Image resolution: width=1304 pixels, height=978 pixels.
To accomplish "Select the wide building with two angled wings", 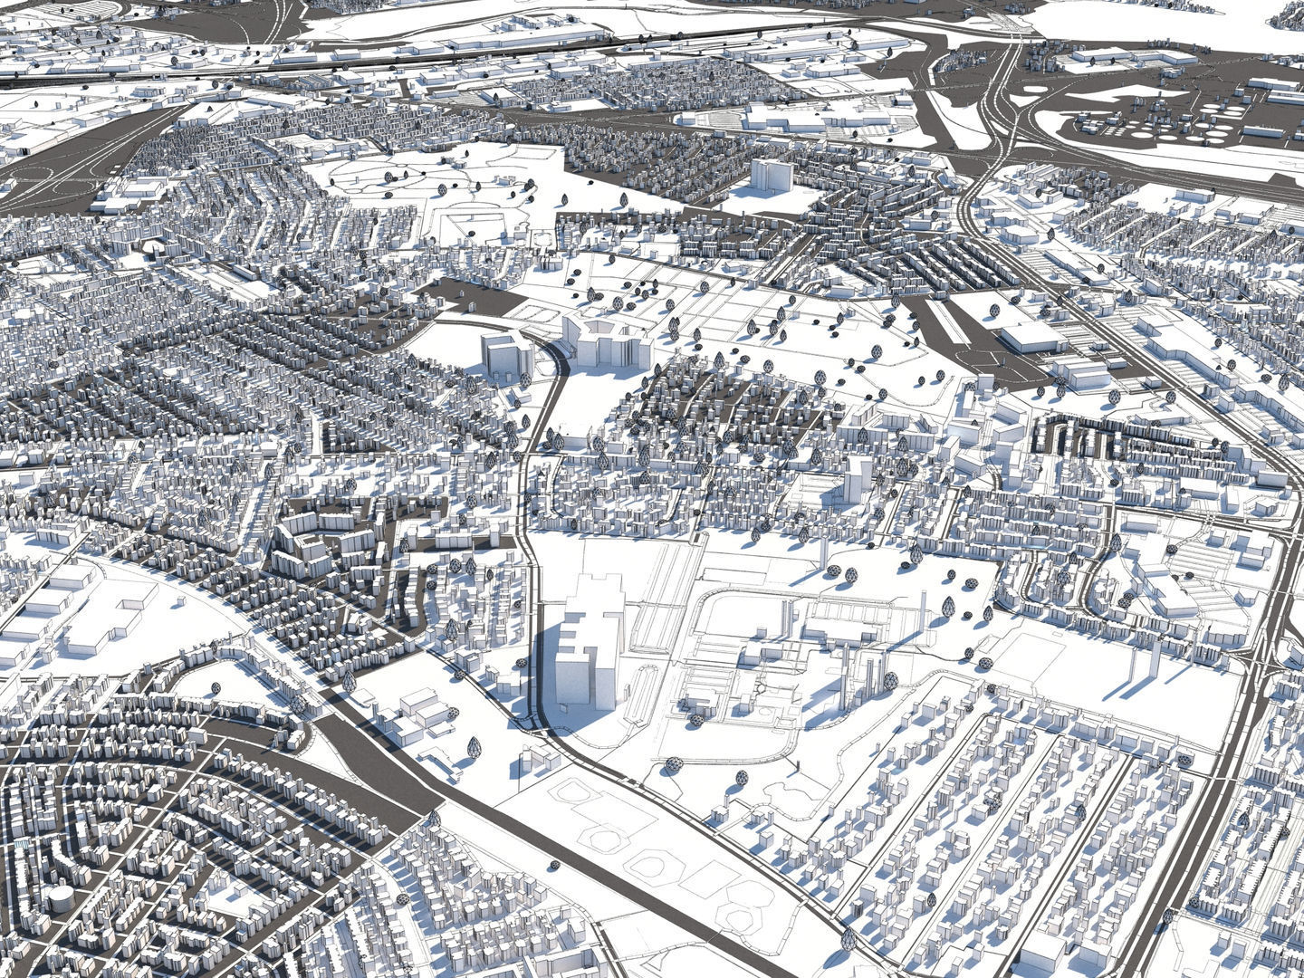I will pyautogui.click(x=605, y=341).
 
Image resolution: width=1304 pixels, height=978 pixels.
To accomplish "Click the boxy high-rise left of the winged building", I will pyautogui.click(x=503, y=356).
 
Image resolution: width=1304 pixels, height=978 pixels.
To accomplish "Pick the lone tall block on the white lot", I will pyautogui.click(x=770, y=176).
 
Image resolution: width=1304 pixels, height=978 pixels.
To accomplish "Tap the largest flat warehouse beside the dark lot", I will pyautogui.click(x=1033, y=337).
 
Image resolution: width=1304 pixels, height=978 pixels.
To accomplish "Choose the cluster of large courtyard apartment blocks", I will pyautogui.click(x=317, y=539).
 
